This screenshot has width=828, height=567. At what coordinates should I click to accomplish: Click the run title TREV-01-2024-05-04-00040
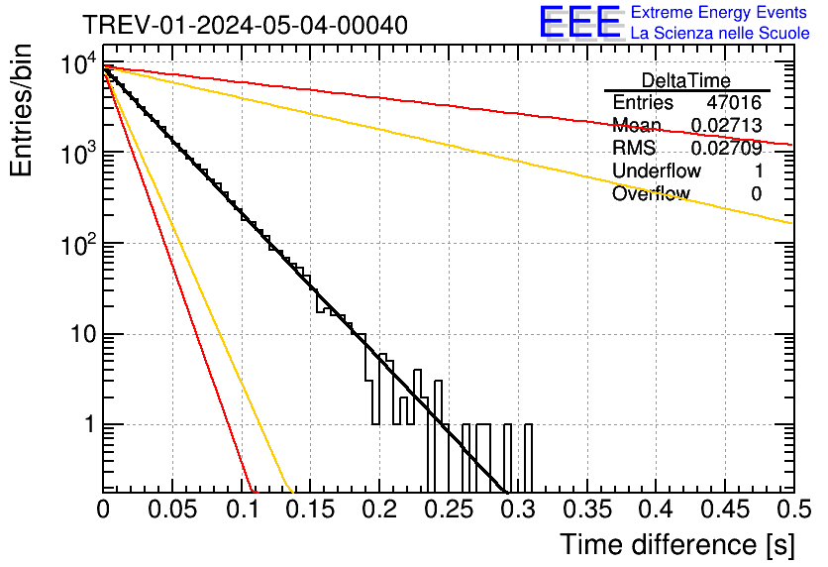point(244,25)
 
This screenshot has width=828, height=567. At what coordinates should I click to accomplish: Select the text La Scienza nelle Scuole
point(719,33)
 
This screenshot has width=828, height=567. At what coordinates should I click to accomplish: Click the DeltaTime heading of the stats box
point(685,80)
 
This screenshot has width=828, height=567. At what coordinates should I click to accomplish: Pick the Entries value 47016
point(734,103)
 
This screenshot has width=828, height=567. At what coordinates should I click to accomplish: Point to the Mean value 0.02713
point(726,126)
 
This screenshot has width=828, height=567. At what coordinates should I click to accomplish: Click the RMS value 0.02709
point(726,149)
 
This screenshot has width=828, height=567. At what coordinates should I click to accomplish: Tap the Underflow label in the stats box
point(657,170)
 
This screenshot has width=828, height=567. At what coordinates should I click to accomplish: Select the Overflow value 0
point(756,193)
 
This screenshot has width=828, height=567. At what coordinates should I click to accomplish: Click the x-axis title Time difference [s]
point(676,544)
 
